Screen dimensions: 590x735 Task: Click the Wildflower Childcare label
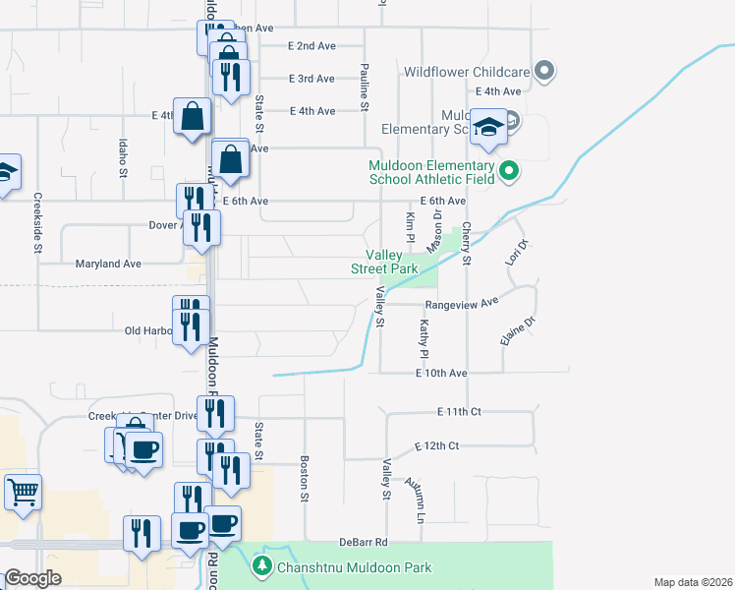467,72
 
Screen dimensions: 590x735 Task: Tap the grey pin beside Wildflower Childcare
547,71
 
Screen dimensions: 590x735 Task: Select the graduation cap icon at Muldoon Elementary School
488,127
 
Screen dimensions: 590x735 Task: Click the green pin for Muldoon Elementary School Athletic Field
508,171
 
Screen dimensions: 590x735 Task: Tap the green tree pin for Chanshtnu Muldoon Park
262,565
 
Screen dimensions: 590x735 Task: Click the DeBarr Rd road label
365,542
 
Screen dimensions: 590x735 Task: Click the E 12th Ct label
436,446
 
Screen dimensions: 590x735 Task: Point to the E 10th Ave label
437,374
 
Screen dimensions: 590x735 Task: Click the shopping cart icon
24,490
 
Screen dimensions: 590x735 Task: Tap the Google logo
31,578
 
